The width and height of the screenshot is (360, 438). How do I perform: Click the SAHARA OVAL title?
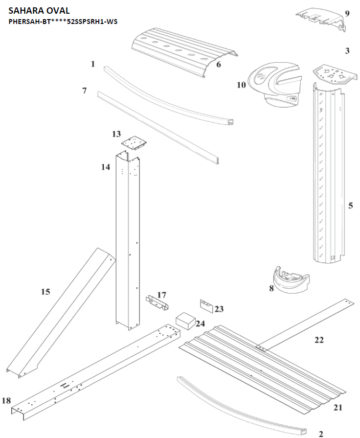tap(39, 11)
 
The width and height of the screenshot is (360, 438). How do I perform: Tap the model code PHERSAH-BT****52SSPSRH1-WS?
tap(63, 22)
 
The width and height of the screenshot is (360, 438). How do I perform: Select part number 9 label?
tap(347, 13)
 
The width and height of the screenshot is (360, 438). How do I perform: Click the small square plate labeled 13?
tap(134, 143)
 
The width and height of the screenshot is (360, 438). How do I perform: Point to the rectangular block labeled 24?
tap(185, 321)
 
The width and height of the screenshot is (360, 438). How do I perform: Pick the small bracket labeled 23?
tap(206, 306)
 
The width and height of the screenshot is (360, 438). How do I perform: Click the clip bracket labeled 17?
tap(157, 302)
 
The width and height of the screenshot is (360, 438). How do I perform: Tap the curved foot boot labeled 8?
tap(291, 280)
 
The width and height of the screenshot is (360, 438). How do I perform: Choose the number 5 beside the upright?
tap(351, 206)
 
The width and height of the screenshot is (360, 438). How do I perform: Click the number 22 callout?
tap(319, 340)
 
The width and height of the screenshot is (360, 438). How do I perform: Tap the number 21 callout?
tap(338, 408)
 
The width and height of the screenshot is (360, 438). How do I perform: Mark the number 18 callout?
tap(6, 400)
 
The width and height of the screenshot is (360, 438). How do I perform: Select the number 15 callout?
tap(45, 292)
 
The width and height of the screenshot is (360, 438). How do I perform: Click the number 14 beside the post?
tap(106, 167)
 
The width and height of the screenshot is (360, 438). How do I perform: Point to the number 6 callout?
tap(219, 65)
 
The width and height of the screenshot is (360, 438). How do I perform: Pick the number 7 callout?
tap(84, 91)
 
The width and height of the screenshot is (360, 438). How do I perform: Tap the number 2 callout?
tap(320, 434)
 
